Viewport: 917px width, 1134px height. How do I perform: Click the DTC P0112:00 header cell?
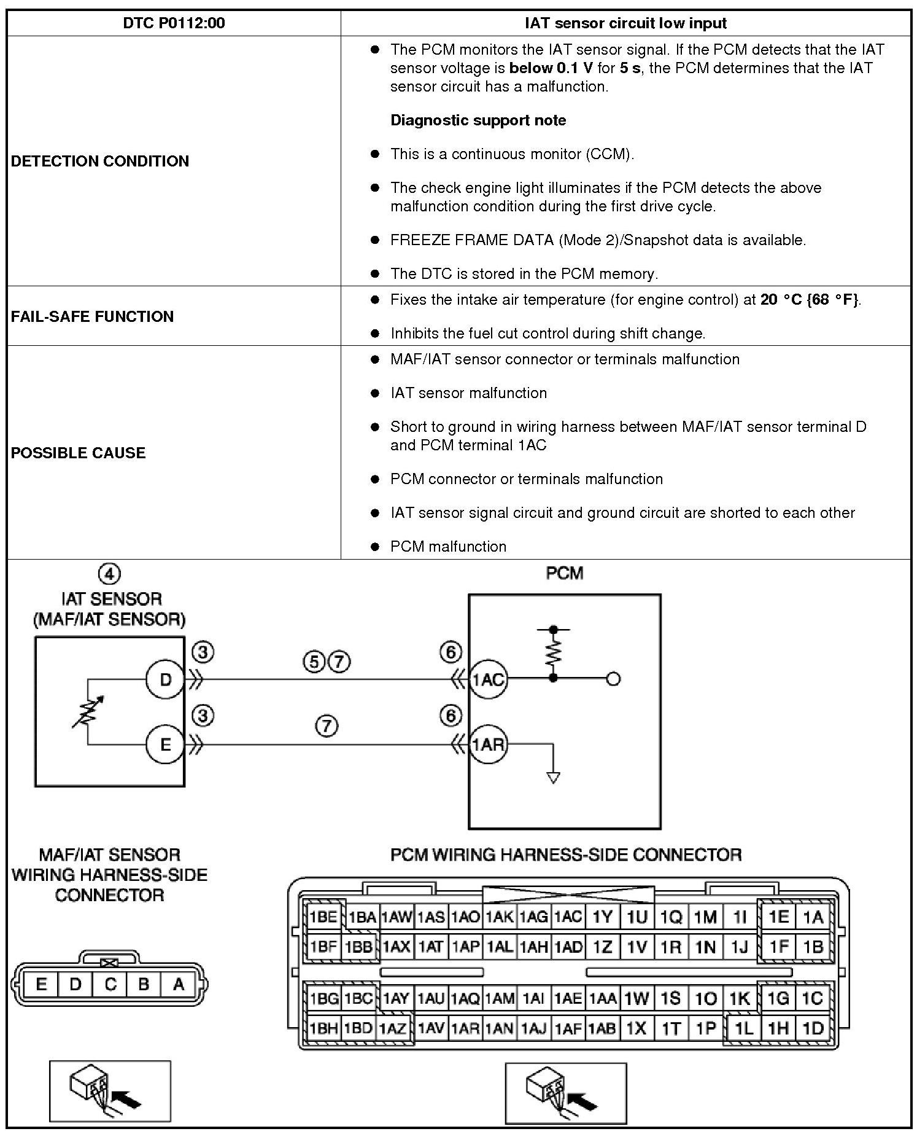(174, 23)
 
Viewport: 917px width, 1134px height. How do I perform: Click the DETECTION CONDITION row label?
(100, 162)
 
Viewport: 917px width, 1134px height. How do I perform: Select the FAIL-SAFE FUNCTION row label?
(92, 316)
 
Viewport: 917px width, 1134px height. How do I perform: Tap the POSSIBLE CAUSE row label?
(78, 453)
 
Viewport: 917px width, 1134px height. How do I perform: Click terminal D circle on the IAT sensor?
(165, 679)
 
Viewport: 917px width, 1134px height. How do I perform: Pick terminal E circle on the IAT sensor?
(165, 745)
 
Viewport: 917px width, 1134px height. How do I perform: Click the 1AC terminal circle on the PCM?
(488, 679)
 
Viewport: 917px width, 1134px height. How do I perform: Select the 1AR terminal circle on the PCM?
(488, 745)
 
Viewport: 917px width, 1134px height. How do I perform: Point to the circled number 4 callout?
(109, 574)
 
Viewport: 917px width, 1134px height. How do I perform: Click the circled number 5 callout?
(314, 662)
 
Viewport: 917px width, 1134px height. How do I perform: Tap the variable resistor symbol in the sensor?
(88, 713)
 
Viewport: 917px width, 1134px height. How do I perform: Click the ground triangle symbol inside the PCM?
(553, 778)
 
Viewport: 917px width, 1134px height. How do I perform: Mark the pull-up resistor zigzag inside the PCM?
(553, 654)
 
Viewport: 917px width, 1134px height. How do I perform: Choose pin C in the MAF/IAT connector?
(110, 984)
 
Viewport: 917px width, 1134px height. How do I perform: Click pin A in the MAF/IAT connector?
(179, 984)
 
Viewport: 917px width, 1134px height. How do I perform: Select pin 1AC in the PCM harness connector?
(568, 917)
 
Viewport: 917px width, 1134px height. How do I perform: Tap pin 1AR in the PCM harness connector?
(465, 1028)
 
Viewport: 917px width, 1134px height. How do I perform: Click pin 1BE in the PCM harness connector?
(323, 917)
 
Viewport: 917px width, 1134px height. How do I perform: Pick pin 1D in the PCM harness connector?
(813, 1028)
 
